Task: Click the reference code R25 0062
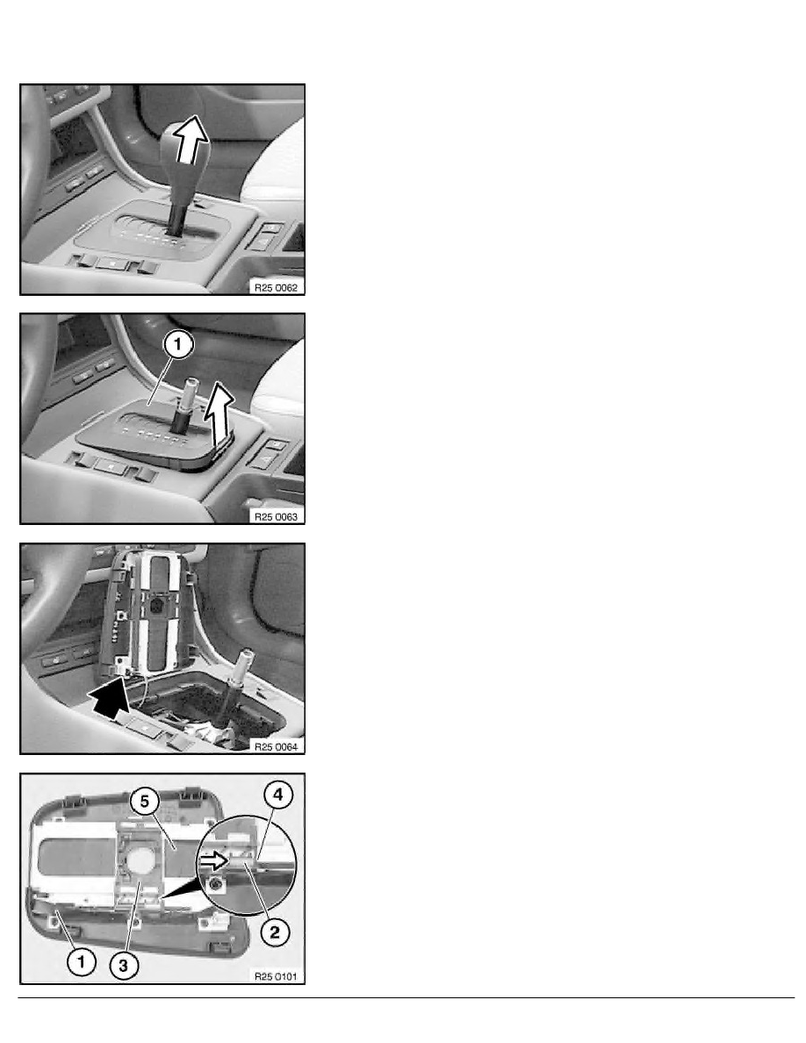click(275, 285)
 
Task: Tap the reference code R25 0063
click(275, 515)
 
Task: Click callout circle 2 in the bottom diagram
click(276, 930)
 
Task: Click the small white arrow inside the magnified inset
click(212, 862)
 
